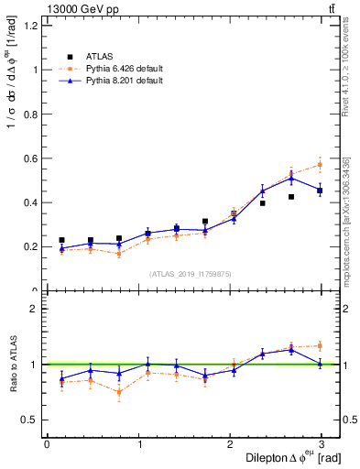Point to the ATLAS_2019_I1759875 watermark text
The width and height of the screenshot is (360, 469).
coord(191,273)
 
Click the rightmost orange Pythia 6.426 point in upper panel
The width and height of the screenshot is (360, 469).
coord(320,165)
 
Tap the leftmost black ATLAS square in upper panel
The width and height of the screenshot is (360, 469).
coord(61,240)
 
